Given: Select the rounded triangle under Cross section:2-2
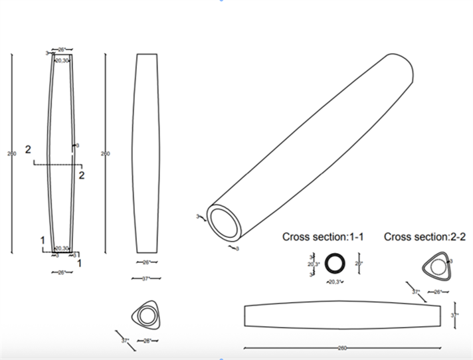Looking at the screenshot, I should coord(436,267).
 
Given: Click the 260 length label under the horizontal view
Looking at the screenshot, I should coord(341,348).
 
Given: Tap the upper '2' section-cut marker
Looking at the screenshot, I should coord(28,149).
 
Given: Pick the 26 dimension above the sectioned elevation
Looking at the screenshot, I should coord(62,50).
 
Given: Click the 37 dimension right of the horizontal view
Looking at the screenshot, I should coord(456,315).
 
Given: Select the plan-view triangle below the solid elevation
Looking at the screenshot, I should coord(146,315).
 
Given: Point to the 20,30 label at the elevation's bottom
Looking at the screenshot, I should coord(62,248).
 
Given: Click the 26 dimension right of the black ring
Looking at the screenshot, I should coord(359,262).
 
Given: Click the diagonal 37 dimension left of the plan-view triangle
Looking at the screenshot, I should coord(124,340).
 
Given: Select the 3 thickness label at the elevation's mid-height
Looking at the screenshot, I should coord(78,145).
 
